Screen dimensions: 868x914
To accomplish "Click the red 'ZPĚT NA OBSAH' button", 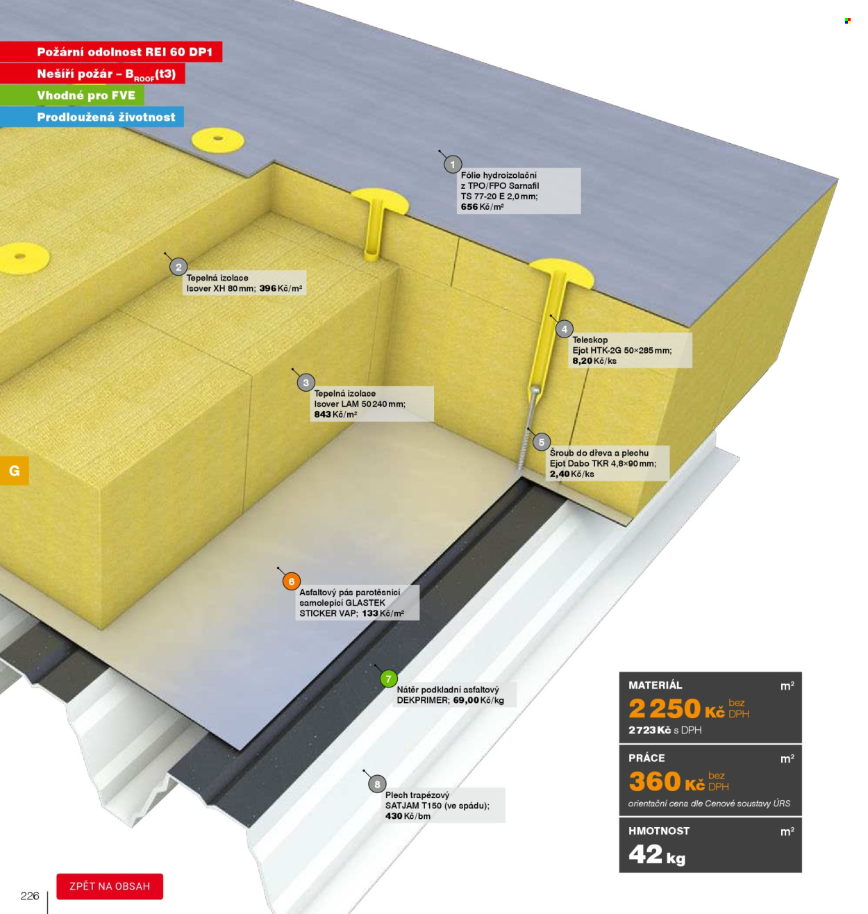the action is click(110, 886).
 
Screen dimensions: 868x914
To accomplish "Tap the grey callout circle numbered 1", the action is click(452, 164).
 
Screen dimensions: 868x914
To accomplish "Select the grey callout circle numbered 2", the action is click(178, 267).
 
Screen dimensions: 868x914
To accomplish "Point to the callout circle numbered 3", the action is click(306, 383).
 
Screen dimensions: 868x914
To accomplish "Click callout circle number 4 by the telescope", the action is click(564, 329).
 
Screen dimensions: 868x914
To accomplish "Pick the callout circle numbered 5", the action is click(541, 442).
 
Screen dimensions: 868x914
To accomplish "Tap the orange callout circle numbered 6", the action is click(292, 581).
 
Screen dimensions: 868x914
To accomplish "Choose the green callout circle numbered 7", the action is click(388, 679).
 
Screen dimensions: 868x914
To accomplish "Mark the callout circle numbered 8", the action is click(377, 784).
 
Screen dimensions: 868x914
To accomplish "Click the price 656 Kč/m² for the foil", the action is click(482, 207).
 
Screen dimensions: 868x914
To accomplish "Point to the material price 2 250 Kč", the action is click(676, 709).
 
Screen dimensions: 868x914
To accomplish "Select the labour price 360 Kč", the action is click(667, 781).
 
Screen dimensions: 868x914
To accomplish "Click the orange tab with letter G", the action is click(15, 471).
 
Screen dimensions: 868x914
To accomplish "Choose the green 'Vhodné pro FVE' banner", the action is click(72, 95).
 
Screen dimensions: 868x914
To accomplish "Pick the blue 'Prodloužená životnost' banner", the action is click(92, 117).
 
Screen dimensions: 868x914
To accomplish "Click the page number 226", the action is click(30, 896).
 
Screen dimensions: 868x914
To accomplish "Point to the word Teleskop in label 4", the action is click(590, 340).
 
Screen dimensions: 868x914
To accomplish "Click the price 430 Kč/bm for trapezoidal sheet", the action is click(408, 816).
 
